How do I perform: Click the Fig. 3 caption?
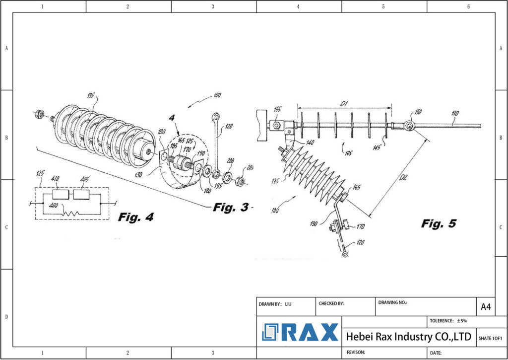click(231, 208)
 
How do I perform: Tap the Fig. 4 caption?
click(136, 217)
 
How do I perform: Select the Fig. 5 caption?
click(439, 223)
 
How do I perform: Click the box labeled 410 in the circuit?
click(61, 194)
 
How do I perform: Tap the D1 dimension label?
click(344, 104)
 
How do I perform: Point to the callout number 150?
click(418, 113)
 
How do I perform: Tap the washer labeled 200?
click(228, 177)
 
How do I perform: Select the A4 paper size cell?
click(486, 307)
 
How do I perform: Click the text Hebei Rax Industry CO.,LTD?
click(408, 337)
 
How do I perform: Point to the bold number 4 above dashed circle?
click(172, 118)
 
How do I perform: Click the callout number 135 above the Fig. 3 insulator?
click(90, 96)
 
